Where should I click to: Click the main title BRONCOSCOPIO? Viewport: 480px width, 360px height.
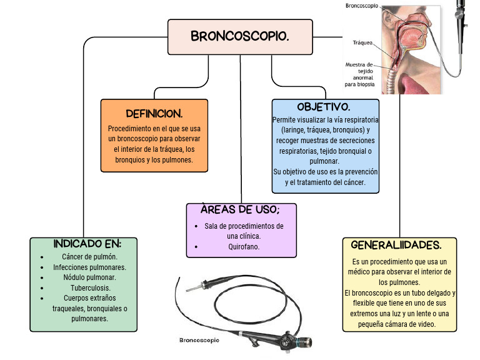point(240,36)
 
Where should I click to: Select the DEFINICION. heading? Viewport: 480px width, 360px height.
point(154,114)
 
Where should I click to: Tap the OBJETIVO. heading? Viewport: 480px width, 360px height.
point(324,107)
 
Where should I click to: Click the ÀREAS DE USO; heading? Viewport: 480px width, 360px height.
point(241,209)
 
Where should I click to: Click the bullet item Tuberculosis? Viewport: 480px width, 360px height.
point(89,287)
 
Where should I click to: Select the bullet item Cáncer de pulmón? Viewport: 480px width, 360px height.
point(89,257)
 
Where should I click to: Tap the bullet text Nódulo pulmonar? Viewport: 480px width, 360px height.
point(89,277)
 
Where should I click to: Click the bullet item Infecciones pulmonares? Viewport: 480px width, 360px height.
point(89,267)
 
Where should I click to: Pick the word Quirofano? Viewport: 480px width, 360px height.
point(244,246)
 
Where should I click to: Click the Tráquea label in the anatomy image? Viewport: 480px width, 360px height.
point(362,43)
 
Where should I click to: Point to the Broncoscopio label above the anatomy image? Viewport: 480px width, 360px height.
point(361,6)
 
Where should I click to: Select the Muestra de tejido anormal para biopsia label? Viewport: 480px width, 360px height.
point(359,74)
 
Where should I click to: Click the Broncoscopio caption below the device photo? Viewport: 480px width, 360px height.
point(199,341)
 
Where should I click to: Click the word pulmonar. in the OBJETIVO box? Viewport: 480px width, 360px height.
point(324,161)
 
